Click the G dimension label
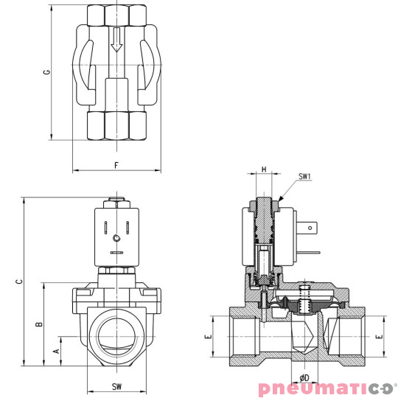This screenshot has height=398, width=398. coord(47,72)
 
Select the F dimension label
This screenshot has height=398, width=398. coord(116,164)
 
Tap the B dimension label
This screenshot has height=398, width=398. coord(39,323)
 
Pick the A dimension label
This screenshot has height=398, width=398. coord(56,351)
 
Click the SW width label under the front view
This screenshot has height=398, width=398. coord(116,386)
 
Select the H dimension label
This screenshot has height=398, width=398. coord(263,170)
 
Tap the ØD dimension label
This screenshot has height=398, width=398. coord(304,378)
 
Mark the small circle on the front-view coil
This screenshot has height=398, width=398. coord(116,238)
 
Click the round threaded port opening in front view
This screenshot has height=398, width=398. coord(116,336)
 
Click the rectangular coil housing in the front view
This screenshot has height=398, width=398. coord(116,236)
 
